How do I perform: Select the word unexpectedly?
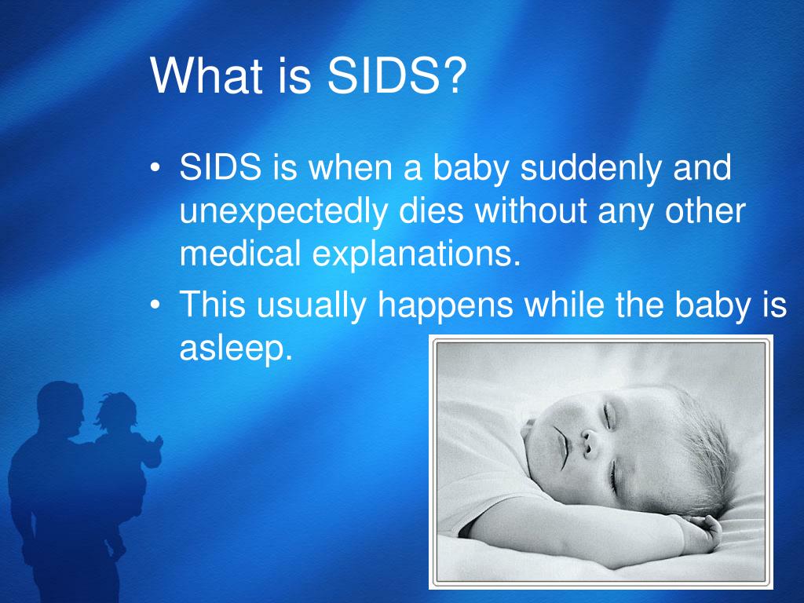point(283,211)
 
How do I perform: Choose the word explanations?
point(416,255)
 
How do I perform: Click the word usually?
point(311,305)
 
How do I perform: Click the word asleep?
point(236,349)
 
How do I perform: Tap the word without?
point(531,210)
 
